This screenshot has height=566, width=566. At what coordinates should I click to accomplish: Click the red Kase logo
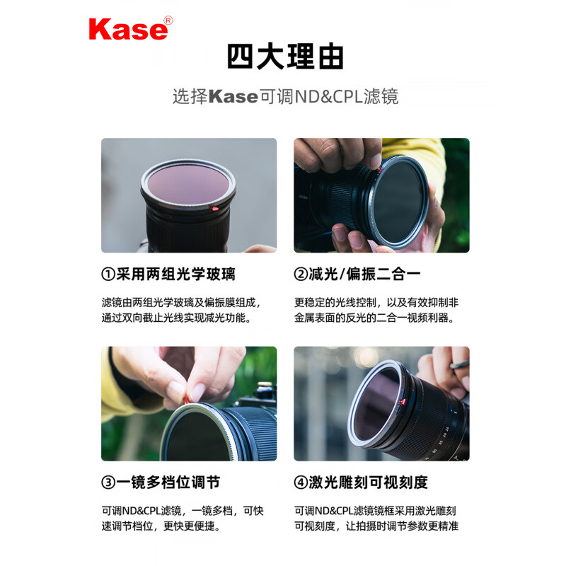pos(127,28)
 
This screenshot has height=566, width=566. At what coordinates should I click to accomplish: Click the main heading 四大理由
pos(284,57)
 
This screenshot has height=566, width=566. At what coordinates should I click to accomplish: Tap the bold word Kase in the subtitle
pos(233,96)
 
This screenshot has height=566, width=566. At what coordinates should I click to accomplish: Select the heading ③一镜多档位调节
pos(161,483)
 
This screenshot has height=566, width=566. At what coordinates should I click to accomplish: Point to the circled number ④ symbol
pos(301,483)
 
